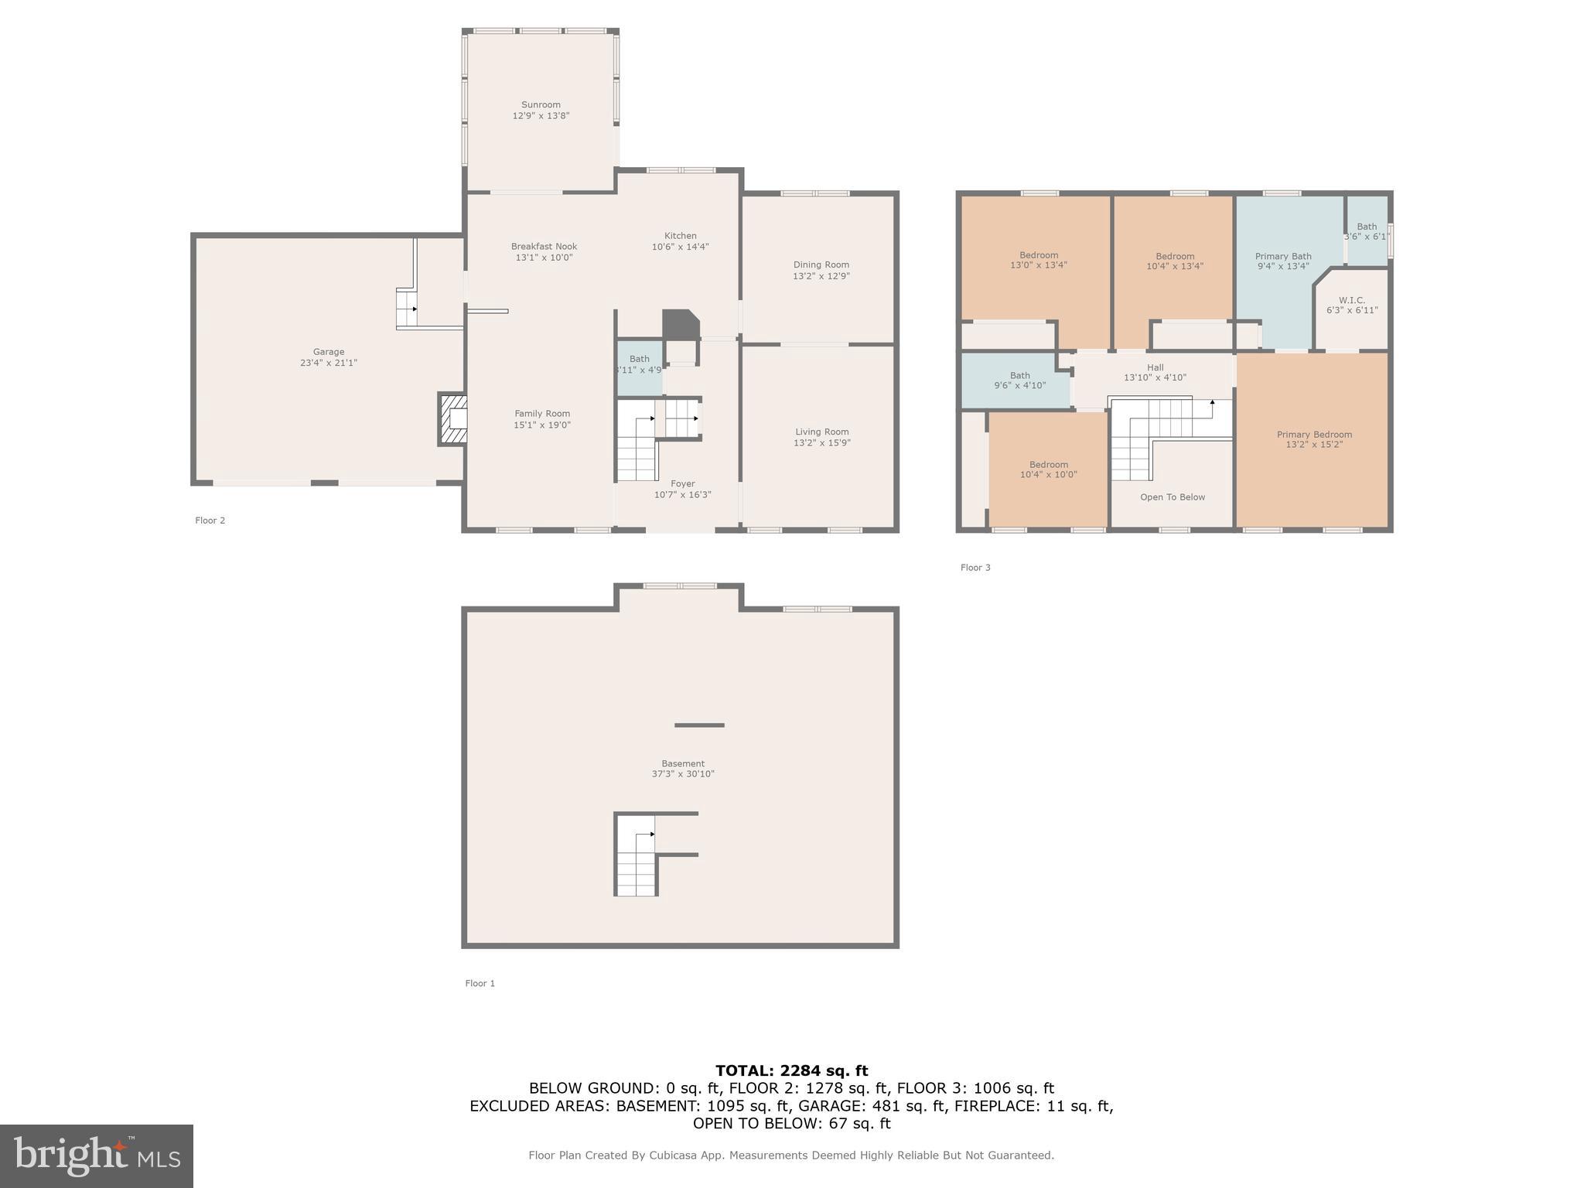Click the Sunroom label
pyautogui.click(x=541, y=105)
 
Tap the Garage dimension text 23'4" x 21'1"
pyautogui.click(x=329, y=363)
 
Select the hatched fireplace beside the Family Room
pyautogui.click(x=453, y=419)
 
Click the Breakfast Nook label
pyautogui.click(x=544, y=247)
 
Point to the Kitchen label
pyautogui.click(x=681, y=236)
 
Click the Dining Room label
pyautogui.click(x=821, y=265)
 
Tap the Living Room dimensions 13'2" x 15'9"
pyautogui.click(x=821, y=443)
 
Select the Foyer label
pyautogui.click(x=682, y=484)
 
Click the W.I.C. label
pyautogui.click(x=1351, y=300)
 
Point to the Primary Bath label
pyautogui.click(x=1283, y=256)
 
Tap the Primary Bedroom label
pyautogui.click(x=1314, y=435)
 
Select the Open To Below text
pyautogui.click(x=1173, y=497)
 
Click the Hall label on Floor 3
pyautogui.click(x=1155, y=368)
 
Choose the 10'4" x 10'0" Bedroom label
pyautogui.click(x=1048, y=465)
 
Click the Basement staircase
pyautogui.click(x=637, y=859)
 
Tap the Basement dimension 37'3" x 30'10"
pyautogui.click(x=682, y=774)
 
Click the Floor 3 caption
pyautogui.click(x=975, y=568)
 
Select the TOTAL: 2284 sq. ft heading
pyautogui.click(x=791, y=1071)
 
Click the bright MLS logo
pyautogui.click(x=97, y=1156)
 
